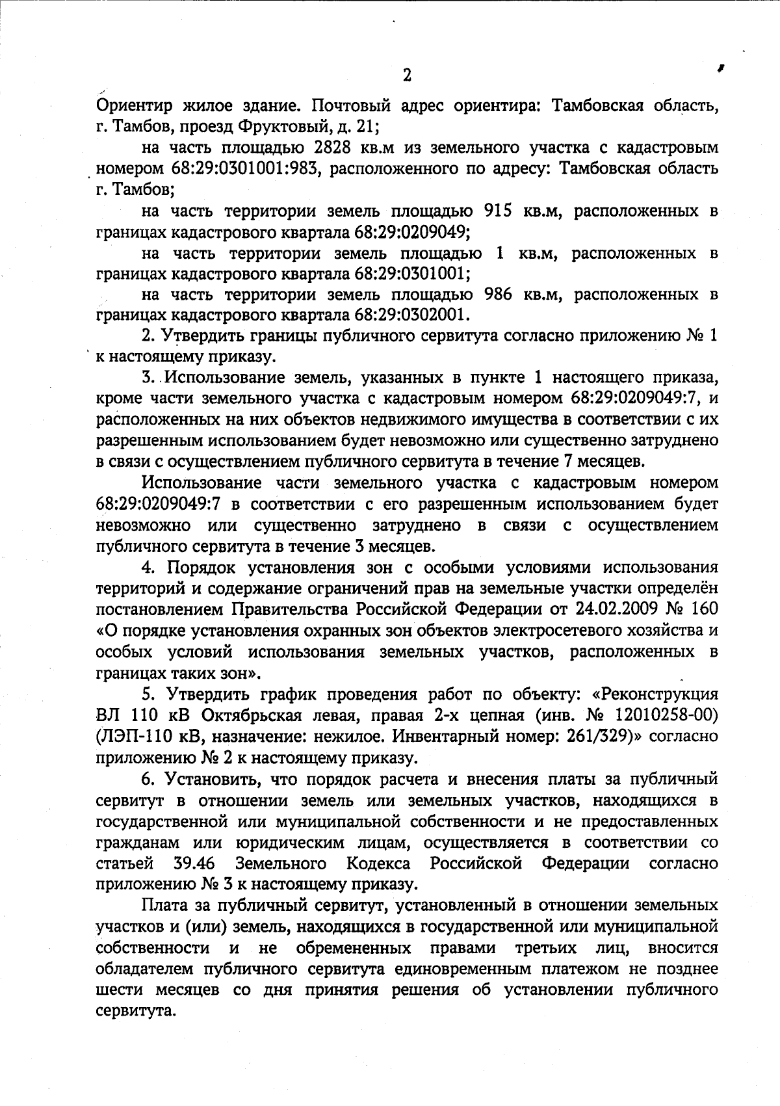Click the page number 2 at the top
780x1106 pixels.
[x=407, y=75]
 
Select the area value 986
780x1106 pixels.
[x=500, y=295]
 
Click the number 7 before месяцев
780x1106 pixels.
[x=563, y=462]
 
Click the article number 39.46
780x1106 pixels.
[x=195, y=863]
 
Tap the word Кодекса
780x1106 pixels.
[x=378, y=863]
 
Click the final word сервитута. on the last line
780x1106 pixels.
[x=136, y=1011]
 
